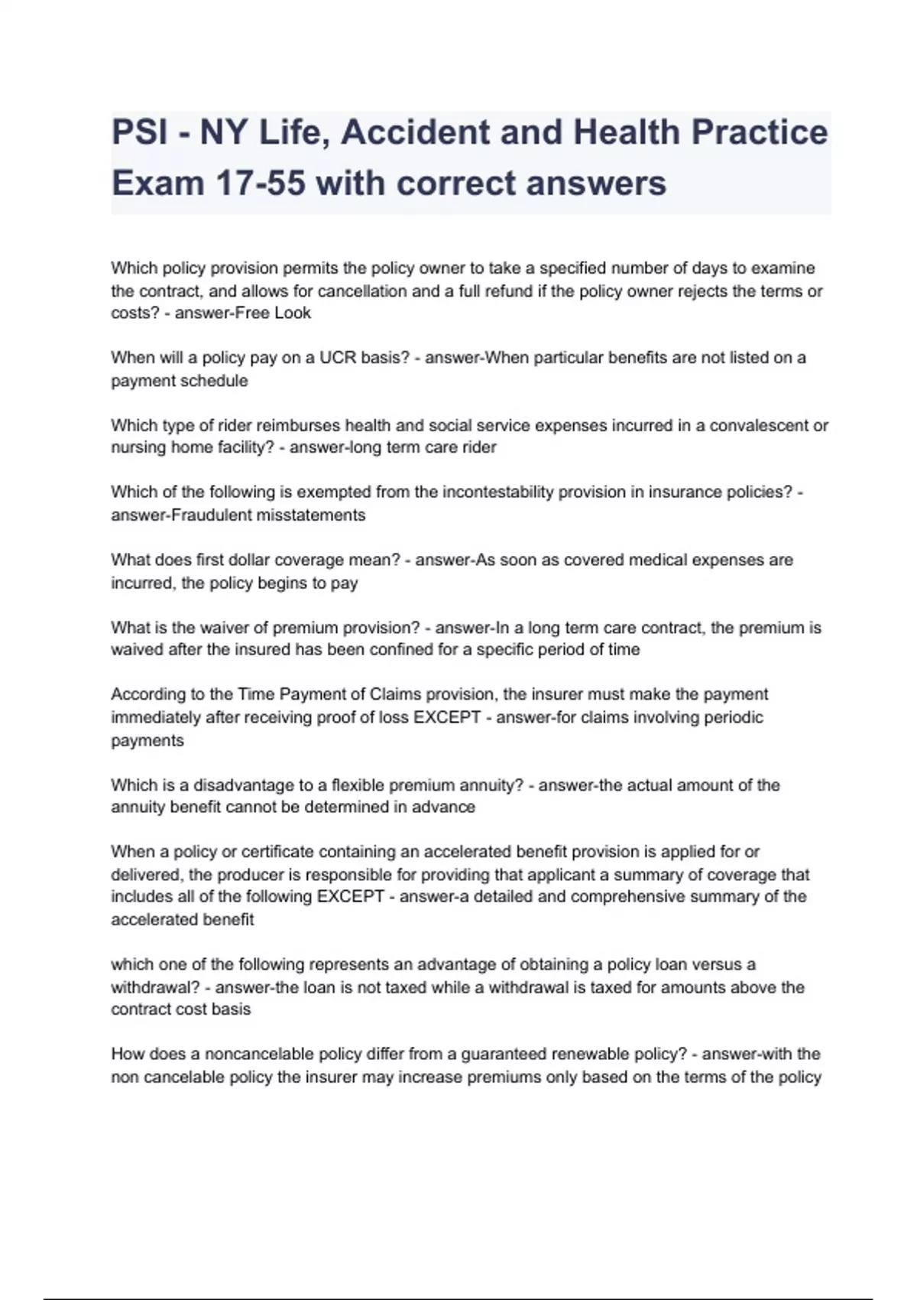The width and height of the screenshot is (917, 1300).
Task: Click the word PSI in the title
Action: coord(140,132)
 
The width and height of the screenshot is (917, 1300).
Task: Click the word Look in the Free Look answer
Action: coord(293,314)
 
